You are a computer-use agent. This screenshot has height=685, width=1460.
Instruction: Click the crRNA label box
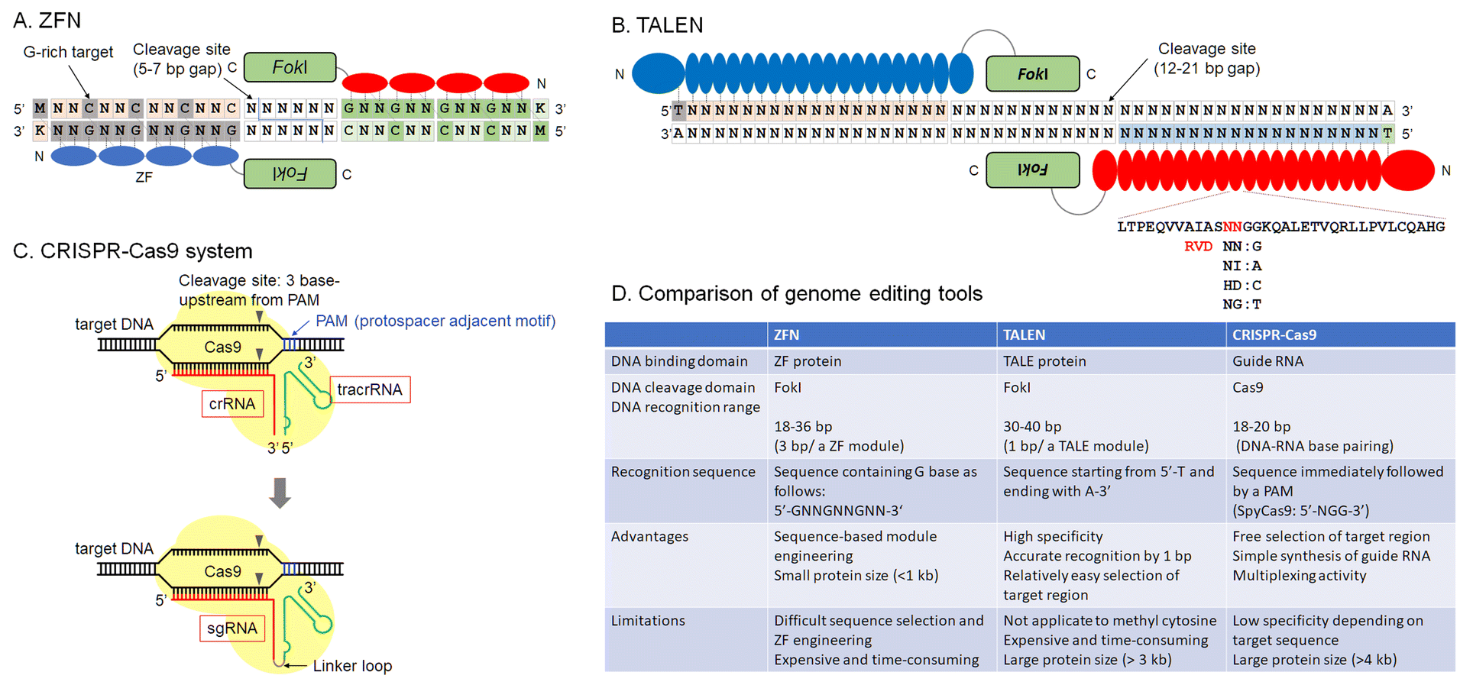pyautogui.click(x=232, y=403)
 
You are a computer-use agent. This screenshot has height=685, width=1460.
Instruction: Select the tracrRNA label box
pyautogui.click(x=370, y=389)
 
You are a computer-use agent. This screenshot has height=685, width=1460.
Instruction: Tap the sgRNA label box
pyautogui.click(x=232, y=628)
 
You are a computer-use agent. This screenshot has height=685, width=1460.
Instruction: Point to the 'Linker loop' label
pyautogui.click(x=352, y=666)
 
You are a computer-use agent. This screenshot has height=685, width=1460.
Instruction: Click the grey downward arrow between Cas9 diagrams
pyautogui.click(x=280, y=493)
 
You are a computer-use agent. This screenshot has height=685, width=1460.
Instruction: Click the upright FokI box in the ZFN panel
pyautogui.click(x=290, y=67)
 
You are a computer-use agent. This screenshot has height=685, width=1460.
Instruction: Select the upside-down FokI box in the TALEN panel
pyautogui.click(x=1032, y=170)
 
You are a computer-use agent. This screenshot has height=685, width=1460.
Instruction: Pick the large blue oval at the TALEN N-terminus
pyautogui.click(x=658, y=74)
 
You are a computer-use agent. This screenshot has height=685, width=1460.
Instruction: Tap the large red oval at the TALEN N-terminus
pyautogui.click(x=1407, y=170)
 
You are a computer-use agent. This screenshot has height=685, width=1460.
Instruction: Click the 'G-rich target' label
pyautogui.click(x=68, y=52)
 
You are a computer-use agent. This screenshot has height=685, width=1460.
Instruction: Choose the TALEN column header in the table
pyautogui.click(x=1024, y=334)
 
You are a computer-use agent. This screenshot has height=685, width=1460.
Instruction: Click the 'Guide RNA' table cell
pyautogui.click(x=1267, y=361)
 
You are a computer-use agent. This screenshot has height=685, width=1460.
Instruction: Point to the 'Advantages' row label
pyautogui.click(x=649, y=536)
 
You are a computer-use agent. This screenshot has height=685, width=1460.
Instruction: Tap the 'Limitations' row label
pyautogui.click(x=648, y=620)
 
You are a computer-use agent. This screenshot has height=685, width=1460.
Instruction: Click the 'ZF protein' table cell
pyautogui.click(x=808, y=361)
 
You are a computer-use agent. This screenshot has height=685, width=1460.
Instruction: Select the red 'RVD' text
pyautogui.click(x=1198, y=246)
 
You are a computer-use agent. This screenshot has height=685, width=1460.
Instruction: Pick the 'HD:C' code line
pyautogui.click(x=1241, y=285)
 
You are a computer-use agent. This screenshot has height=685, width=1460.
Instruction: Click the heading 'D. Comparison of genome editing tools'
pyautogui.click(x=796, y=293)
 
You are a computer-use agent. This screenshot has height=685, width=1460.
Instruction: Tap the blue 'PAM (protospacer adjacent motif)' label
pyautogui.click(x=435, y=321)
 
